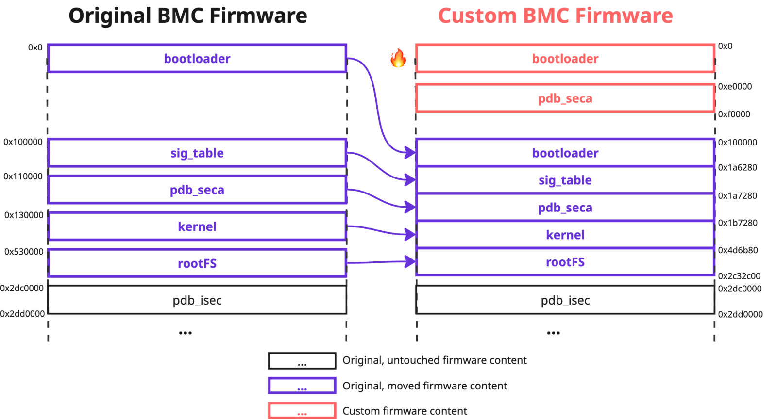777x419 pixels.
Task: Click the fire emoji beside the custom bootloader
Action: (x=398, y=58)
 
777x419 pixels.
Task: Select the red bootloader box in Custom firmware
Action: (x=565, y=59)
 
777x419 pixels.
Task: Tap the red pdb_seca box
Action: (x=565, y=98)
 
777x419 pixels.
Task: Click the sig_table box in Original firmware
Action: (x=197, y=153)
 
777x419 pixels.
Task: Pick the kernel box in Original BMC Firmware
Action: (x=197, y=226)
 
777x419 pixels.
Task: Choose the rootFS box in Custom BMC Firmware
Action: (x=565, y=262)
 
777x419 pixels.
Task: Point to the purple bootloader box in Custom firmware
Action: (x=565, y=153)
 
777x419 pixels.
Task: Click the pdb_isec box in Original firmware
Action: (x=197, y=301)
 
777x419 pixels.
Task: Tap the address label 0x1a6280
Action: (x=737, y=168)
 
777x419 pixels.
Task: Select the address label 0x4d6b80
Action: (x=738, y=250)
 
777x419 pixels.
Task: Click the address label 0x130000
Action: (x=24, y=215)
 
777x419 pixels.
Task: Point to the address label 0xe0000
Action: (x=735, y=87)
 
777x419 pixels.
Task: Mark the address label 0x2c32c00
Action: (x=739, y=276)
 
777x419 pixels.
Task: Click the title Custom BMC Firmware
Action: (x=555, y=16)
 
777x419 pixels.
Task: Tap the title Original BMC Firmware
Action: (x=187, y=16)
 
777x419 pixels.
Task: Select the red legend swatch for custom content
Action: (x=302, y=411)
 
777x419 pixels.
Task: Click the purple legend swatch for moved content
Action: (x=302, y=386)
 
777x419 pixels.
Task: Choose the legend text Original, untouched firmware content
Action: (x=434, y=360)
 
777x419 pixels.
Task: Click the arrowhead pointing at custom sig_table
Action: (x=411, y=180)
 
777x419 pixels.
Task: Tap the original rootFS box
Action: (x=197, y=263)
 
